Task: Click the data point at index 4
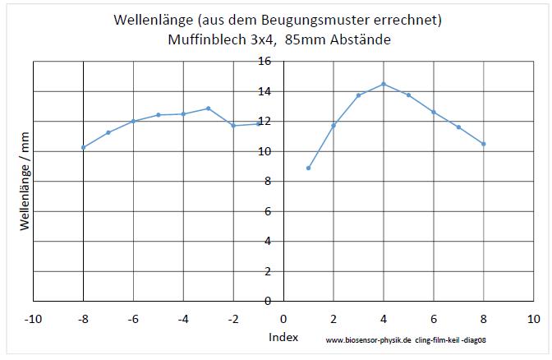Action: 384,84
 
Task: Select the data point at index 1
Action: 308,168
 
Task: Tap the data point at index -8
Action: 84,147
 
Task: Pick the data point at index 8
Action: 484,144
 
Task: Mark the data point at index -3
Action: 209,108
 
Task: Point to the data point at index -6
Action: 133,121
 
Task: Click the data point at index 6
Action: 434,112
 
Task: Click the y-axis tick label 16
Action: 264,62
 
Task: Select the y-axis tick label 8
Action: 268,181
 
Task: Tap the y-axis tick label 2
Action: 268,270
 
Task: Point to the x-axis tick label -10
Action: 33,317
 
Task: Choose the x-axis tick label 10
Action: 533,317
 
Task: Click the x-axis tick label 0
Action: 283,317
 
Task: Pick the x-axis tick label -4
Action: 183,317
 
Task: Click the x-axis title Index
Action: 283,338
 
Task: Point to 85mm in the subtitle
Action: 305,39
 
